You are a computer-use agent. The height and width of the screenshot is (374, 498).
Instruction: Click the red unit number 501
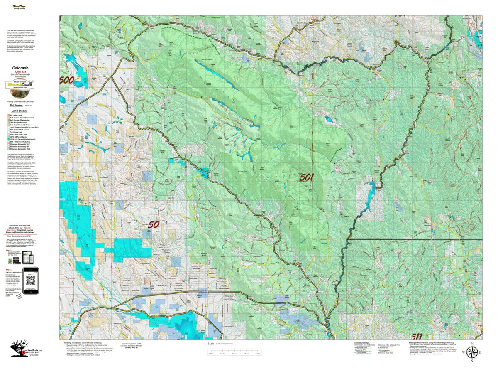[x=306, y=177]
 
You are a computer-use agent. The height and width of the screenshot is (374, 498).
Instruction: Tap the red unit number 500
[x=66, y=80]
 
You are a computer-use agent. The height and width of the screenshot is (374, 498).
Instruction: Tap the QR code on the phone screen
[x=31, y=278]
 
